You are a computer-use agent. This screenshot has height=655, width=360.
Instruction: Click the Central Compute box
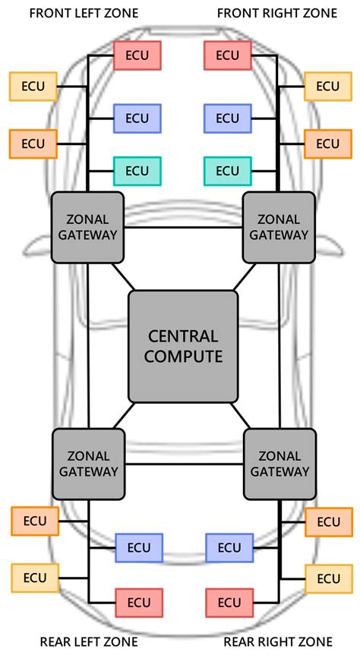[x=183, y=346]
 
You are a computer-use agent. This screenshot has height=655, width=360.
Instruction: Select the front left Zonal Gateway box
[x=87, y=227]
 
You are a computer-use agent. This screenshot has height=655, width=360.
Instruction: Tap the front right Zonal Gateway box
[x=279, y=227]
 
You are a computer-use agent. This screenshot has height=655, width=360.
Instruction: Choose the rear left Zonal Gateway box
[x=89, y=464]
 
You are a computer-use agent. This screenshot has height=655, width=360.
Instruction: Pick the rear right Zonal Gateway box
[x=279, y=464]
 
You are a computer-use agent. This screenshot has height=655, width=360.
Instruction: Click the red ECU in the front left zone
[x=137, y=55]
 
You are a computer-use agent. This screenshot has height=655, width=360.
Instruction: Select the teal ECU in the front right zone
[x=227, y=171]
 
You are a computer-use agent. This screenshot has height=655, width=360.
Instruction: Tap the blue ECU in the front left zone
[x=137, y=118]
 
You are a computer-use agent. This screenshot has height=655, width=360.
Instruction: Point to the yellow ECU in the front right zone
[x=328, y=87]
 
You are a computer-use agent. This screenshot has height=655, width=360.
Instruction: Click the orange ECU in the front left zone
[x=33, y=144]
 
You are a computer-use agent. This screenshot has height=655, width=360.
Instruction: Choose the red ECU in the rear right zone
[x=229, y=603]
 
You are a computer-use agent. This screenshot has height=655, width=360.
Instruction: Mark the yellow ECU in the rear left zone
[x=35, y=578]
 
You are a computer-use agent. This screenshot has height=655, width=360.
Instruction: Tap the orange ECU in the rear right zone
[x=329, y=521]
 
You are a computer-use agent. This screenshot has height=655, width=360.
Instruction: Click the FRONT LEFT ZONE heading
[x=84, y=14]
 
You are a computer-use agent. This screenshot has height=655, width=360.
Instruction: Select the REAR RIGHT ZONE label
[x=278, y=641]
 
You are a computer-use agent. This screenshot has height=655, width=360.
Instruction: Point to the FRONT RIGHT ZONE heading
[x=276, y=14]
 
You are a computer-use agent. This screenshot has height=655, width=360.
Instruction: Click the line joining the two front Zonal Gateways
[x=183, y=228]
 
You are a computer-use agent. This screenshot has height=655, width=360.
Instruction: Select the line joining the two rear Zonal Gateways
[x=184, y=464]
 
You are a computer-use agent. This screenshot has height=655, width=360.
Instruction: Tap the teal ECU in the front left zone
[x=137, y=171]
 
